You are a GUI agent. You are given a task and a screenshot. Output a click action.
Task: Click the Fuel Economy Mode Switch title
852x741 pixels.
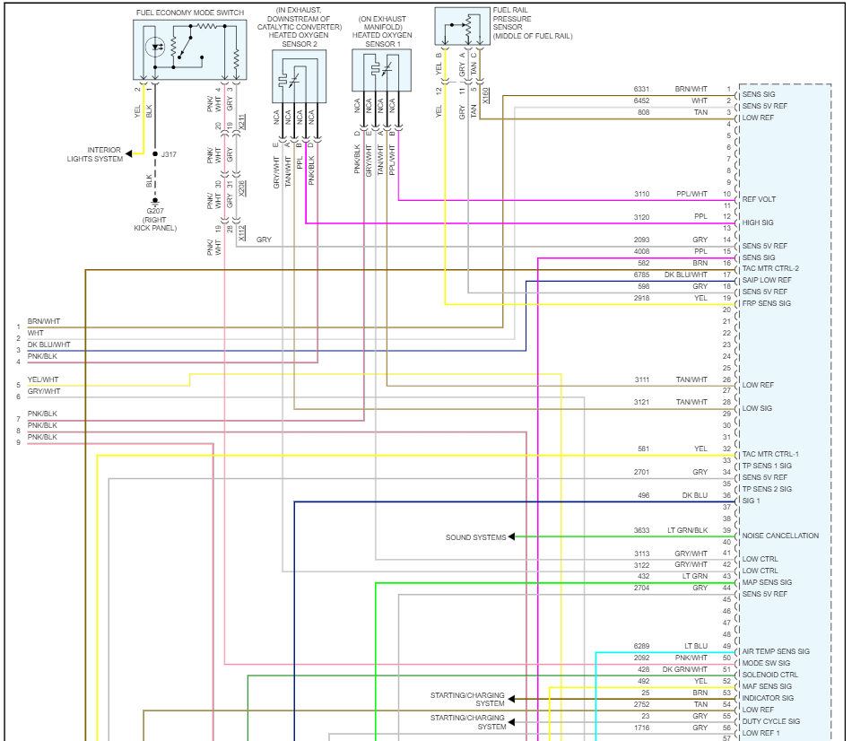(190, 13)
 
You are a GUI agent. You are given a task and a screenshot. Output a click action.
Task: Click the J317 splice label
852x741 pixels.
(169, 154)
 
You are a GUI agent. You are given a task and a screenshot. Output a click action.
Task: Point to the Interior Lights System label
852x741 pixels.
(95, 154)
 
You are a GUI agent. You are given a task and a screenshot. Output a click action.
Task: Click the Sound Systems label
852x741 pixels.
(475, 537)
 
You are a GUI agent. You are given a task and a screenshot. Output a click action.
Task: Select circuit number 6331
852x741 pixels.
(641, 90)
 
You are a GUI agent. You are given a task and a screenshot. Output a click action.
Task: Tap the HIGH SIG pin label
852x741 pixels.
(758, 222)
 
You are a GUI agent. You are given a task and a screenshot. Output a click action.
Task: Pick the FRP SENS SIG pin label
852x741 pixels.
(767, 304)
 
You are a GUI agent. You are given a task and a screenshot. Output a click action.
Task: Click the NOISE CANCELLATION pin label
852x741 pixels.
(780, 536)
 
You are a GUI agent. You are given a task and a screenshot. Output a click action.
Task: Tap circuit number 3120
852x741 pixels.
(641, 217)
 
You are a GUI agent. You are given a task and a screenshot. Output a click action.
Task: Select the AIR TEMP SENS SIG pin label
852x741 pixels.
(776, 652)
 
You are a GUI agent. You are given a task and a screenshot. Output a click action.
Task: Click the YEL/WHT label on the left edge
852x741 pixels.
(43, 379)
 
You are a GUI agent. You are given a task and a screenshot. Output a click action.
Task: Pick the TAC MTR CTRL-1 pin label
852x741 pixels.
(770, 454)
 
